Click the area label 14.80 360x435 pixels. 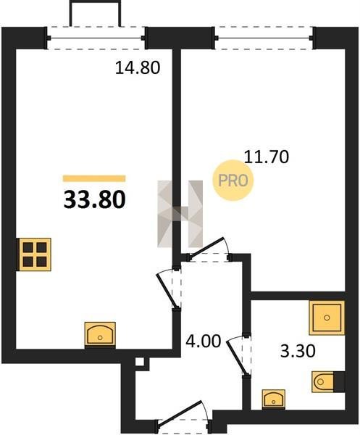tap(138, 67)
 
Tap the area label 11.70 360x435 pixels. tap(267, 157)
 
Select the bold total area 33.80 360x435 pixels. tap(94, 200)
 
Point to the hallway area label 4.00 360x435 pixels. tap(203, 341)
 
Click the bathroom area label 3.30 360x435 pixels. tap(298, 351)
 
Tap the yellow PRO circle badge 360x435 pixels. tap(233, 181)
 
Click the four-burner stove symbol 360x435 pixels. tap(35, 254)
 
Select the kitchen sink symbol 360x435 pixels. tap(100, 334)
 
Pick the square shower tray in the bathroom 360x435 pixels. tap(327, 318)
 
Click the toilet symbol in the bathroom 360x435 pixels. tap(328, 382)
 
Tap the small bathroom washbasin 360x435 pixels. tap(274, 399)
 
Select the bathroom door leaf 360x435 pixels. tap(237, 358)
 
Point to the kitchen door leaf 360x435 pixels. tap(167, 291)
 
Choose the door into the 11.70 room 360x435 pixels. tap(206, 248)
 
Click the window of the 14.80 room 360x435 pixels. tap(96, 38)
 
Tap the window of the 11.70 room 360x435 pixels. tap(264, 38)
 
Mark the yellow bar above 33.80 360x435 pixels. tap(94, 178)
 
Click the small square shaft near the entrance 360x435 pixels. tap(140, 362)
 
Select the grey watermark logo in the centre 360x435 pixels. tap(180, 214)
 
